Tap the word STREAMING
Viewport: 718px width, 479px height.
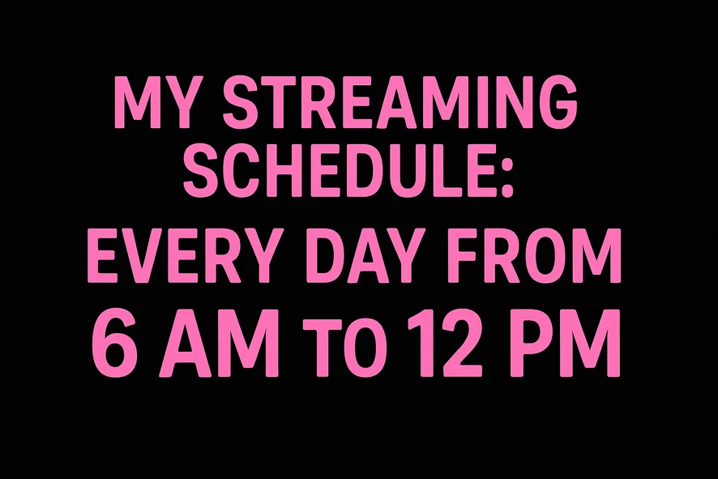pyautogui.click(x=400, y=102)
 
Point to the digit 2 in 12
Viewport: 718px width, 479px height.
pyautogui.click(x=462, y=342)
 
